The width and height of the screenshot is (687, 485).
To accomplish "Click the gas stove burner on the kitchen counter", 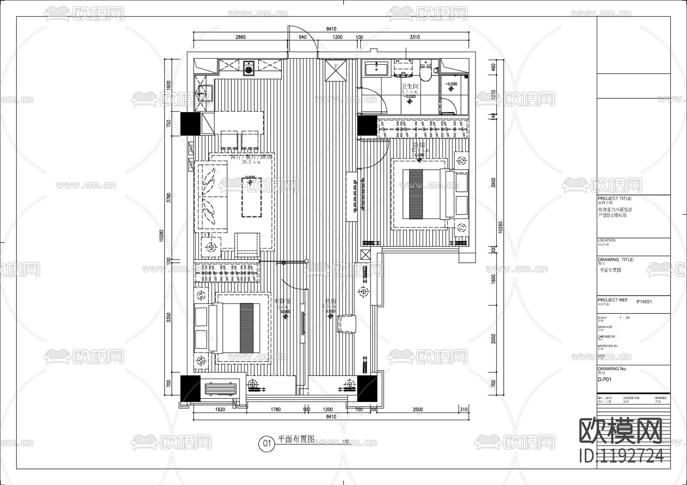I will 249,69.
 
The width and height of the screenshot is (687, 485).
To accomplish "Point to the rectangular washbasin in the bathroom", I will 376,70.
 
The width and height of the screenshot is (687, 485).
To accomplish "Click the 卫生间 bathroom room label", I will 410,87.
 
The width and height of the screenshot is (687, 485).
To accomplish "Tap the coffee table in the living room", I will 252,197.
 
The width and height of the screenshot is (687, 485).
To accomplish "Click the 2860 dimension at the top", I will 240,37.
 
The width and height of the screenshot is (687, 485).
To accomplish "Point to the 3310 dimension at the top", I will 414,37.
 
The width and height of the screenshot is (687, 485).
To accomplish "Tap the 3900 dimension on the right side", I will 493,183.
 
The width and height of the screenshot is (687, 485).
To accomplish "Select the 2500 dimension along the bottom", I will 418,410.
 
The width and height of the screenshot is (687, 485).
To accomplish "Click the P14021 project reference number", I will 644,302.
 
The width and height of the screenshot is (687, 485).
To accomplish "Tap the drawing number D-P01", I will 605,380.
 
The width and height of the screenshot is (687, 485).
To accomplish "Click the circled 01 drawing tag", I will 267,443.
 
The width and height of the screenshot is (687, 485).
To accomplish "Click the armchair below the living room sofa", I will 247,244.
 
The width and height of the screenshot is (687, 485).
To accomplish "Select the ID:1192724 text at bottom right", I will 621,456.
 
